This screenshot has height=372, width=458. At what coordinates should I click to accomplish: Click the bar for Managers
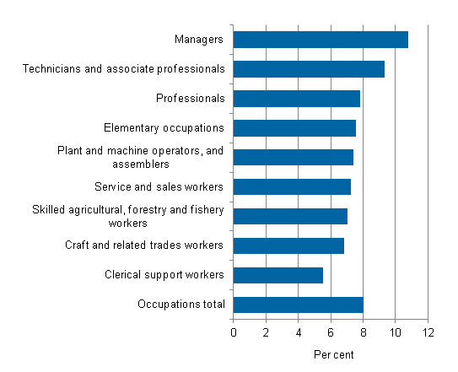[321, 40]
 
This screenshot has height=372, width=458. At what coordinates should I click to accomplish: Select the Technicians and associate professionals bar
[309, 69]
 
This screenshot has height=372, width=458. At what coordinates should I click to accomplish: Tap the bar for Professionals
[296, 99]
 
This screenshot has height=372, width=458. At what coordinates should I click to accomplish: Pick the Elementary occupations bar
[294, 128]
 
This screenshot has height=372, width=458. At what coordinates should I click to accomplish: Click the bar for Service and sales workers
[292, 186]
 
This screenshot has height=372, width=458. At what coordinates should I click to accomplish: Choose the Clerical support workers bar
[277, 275]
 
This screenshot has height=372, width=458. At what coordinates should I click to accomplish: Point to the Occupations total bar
[298, 305]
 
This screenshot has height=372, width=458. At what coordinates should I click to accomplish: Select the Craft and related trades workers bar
[288, 245]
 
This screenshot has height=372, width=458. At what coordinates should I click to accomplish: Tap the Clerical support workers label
[165, 275]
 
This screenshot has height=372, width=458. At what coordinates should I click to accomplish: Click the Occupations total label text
[181, 305]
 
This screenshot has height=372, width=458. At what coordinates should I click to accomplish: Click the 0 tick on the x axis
[234, 332]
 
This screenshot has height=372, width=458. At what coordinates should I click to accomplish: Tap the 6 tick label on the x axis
[331, 332]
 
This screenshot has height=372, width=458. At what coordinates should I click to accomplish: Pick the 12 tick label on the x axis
[428, 332]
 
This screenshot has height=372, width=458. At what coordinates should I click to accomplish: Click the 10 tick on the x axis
[396, 332]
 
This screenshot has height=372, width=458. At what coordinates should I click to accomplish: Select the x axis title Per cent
[333, 355]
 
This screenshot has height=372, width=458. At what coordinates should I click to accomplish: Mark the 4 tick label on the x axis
[299, 332]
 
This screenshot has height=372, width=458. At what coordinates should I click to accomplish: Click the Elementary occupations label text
[164, 128]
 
